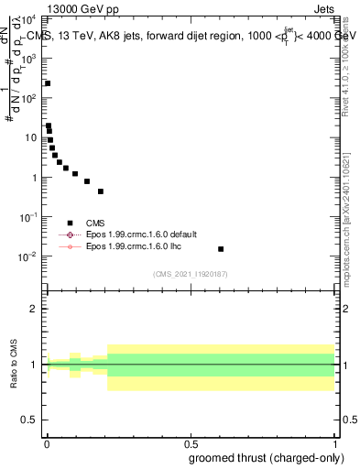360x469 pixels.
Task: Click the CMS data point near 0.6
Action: point(220,249)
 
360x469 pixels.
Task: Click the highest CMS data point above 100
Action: point(48,83)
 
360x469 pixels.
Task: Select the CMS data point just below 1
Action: point(87,181)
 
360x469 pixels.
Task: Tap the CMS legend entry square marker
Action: point(70,222)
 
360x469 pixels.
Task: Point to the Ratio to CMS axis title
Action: point(15,365)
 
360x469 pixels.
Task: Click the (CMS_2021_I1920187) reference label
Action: point(190,274)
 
